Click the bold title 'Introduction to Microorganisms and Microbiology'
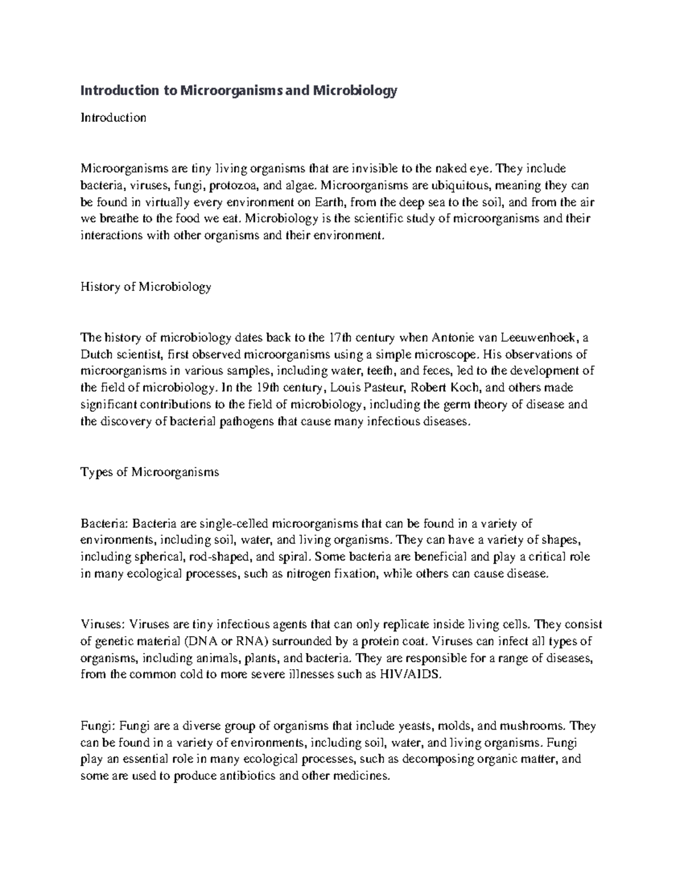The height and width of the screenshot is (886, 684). (x=238, y=90)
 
